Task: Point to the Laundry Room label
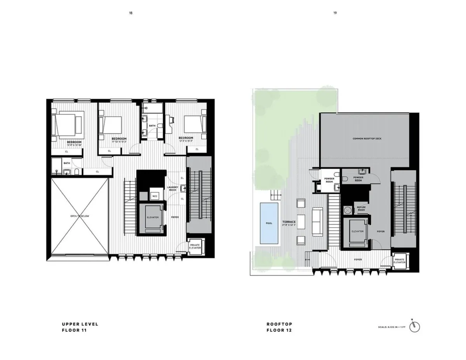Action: tap(172, 188)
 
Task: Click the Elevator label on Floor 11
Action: tap(153, 217)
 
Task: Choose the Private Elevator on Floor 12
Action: tap(399, 261)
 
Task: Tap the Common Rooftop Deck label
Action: tap(367, 138)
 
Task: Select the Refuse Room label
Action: tap(361, 209)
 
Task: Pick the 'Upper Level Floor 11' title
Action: tap(80, 327)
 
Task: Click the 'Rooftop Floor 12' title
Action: tap(279, 327)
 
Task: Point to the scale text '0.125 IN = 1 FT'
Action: tap(391, 327)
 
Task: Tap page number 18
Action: tap(130, 13)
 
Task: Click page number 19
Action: tap(335, 13)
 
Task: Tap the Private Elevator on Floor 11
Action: tap(195, 247)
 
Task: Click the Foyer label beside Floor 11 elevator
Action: tap(175, 217)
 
